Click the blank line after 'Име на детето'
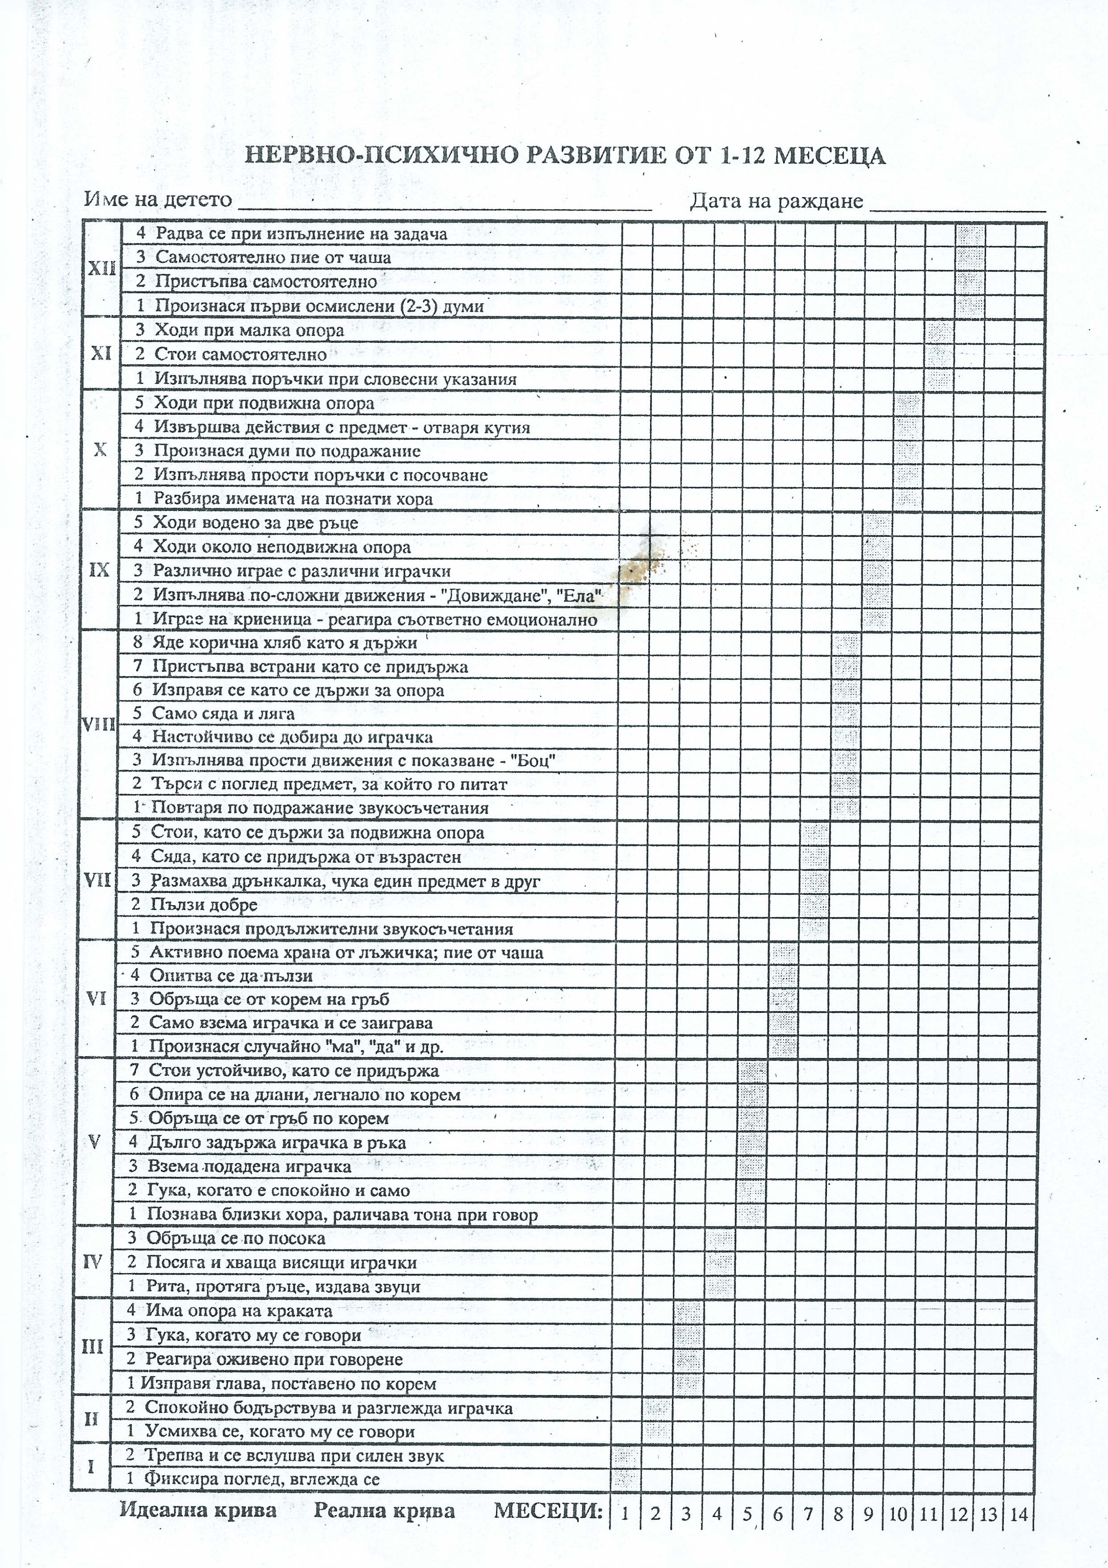tap(444, 203)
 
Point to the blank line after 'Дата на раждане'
tap(958, 203)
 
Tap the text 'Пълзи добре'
tap(203, 905)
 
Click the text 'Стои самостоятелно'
tap(240, 354)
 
